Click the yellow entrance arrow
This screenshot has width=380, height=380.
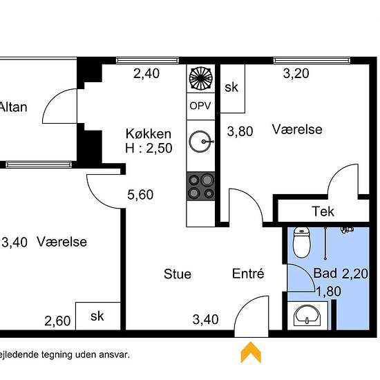click(x=250, y=352)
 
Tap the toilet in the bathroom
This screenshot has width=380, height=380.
click(x=302, y=241)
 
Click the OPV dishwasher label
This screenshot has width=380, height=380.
click(x=201, y=106)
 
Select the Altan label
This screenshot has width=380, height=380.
click(x=12, y=107)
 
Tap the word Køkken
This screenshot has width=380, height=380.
click(x=148, y=133)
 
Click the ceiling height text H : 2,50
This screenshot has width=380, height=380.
click(x=149, y=147)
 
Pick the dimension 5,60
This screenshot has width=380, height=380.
click(x=140, y=195)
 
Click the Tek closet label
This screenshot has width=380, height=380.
click(x=323, y=211)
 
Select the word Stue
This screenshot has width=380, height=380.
click(x=178, y=274)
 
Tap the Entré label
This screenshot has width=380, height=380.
click(x=248, y=274)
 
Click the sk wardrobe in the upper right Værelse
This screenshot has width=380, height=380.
click(x=231, y=88)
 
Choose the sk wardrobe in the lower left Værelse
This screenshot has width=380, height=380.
click(x=97, y=316)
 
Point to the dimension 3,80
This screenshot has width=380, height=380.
click(x=240, y=131)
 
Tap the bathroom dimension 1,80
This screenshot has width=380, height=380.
click(x=329, y=291)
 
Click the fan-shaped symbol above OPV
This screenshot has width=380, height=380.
click(x=201, y=79)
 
